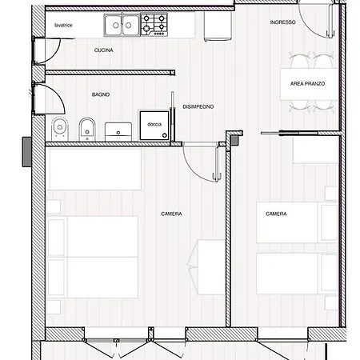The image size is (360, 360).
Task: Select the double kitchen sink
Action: tap(122, 26)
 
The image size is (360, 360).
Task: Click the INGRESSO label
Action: tap(282, 22)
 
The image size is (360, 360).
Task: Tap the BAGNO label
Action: tap(101, 94)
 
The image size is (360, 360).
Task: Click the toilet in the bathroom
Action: tap(58, 126)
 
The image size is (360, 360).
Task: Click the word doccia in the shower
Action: tap(154, 124)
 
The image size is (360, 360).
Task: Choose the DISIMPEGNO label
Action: tap(198, 106)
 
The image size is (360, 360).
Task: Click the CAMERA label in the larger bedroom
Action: tap(171, 214)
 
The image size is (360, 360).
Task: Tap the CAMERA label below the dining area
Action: tap(277, 214)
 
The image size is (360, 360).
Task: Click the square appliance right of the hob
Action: tap(214, 28)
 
